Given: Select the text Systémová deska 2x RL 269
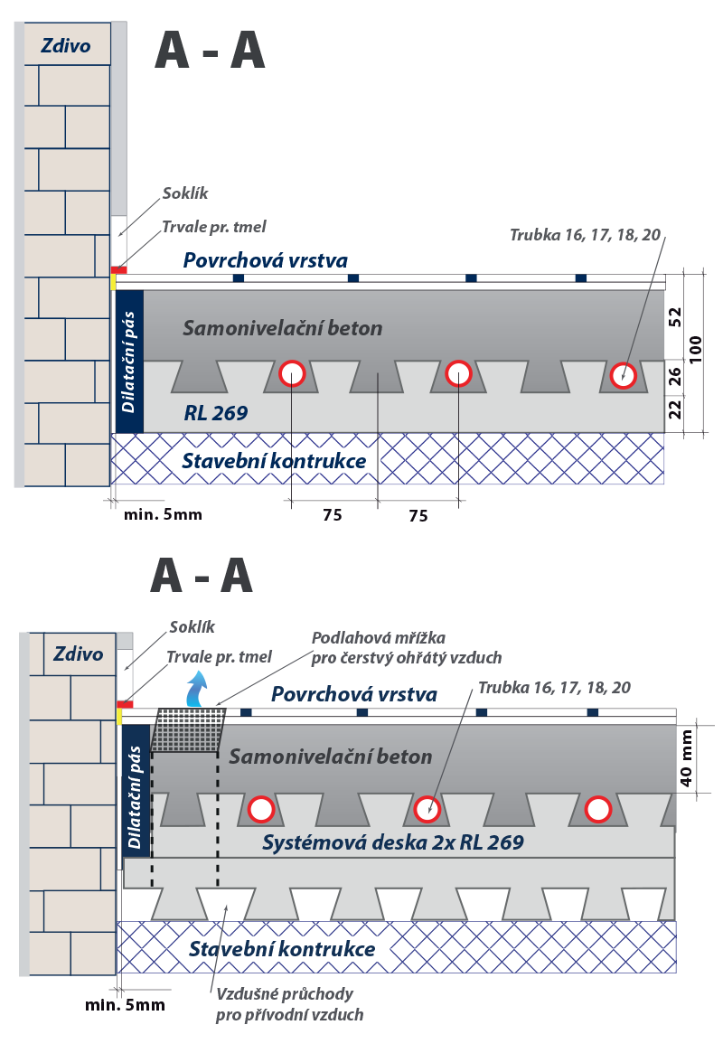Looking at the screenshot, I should pyautogui.click(x=392, y=842).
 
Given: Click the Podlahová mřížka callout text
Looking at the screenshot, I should pyautogui.click(x=406, y=647).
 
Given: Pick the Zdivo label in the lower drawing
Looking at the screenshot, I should pyautogui.click(x=78, y=653).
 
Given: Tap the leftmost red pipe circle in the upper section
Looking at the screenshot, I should pyautogui.click(x=292, y=373).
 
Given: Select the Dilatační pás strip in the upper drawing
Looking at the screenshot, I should pyautogui.click(x=129, y=362).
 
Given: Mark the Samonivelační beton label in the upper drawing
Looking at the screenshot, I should pyautogui.click(x=282, y=327).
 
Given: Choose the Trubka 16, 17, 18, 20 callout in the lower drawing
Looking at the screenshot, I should pyautogui.click(x=554, y=687).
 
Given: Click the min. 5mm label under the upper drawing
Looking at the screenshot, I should pyautogui.click(x=163, y=514).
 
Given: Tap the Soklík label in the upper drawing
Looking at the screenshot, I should pyautogui.click(x=185, y=193).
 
